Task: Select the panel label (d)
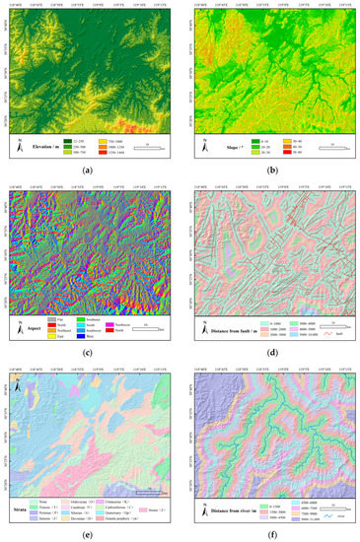(x=270, y=350)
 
